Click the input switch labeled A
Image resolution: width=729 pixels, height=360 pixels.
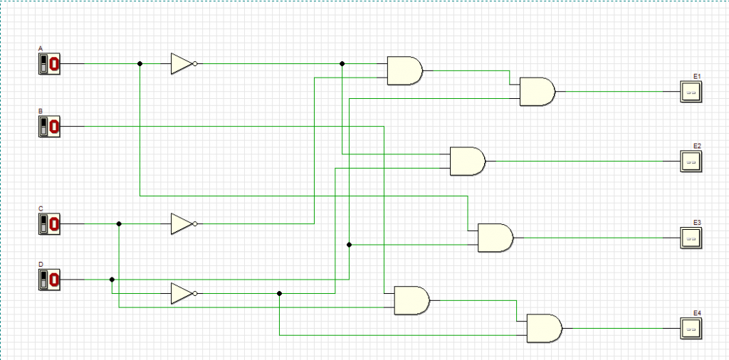point(49,64)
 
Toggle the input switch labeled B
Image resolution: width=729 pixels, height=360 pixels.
point(49,127)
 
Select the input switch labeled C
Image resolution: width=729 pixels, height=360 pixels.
point(49,223)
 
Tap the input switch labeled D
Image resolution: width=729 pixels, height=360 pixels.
point(49,279)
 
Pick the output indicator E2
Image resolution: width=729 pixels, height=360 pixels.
point(690,162)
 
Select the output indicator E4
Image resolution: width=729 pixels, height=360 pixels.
point(690,328)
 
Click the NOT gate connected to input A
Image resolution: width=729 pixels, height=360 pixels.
point(182,64)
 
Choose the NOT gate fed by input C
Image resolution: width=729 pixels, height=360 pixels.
point(182,223)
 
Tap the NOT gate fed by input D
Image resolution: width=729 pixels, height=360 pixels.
point(182,293)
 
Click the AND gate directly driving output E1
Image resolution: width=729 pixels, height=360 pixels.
point(537,92)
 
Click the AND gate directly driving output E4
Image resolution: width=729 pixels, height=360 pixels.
point(543,328)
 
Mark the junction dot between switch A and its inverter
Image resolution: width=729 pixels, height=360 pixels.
point(140,64)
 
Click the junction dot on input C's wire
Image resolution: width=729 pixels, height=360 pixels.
point(119,223)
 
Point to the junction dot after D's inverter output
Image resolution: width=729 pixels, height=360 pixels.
point(279,293)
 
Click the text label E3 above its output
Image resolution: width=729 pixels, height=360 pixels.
point(697,222)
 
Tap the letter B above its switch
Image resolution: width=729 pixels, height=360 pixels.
point(41,112)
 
